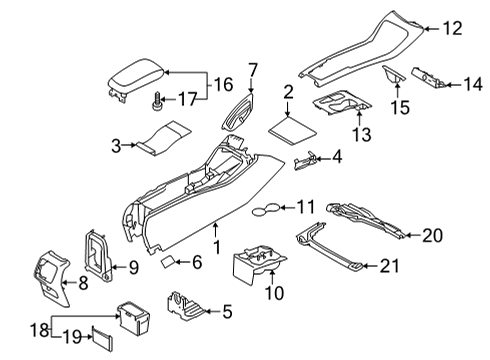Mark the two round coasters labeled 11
tap(264, 208)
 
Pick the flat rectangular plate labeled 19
tap(105, 340)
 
